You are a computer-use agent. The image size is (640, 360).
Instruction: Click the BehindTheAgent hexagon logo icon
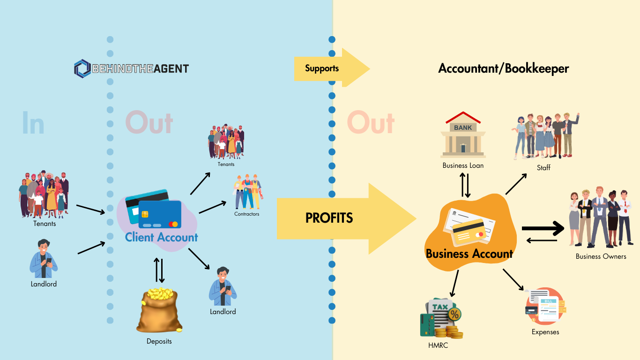82,68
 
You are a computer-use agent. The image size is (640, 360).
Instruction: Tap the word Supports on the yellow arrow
322,68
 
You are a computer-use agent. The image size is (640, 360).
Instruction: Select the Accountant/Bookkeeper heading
504,68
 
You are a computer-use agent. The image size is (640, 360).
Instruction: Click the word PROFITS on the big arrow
329,218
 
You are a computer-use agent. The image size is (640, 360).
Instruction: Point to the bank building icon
463,135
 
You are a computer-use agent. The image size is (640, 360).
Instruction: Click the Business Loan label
463,165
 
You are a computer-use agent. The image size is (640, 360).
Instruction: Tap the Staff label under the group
543,167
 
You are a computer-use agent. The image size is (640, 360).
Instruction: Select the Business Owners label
601,256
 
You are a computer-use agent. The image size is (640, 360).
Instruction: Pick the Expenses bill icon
545,306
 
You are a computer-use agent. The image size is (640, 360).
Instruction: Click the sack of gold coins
159,310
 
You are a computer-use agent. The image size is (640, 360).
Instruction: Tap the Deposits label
159,341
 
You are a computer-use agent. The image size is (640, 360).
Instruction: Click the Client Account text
162,237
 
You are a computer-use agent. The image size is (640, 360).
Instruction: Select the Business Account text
469,254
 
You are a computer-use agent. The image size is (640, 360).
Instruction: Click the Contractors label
246,214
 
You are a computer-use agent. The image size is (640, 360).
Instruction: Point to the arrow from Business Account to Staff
516,184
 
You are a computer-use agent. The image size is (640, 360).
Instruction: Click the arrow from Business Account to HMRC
454,284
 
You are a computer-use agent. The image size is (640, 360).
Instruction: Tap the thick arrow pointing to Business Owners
543,228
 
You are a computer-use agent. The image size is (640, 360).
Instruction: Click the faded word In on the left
33,123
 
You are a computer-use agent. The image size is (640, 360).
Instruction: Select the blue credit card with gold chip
160,214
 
